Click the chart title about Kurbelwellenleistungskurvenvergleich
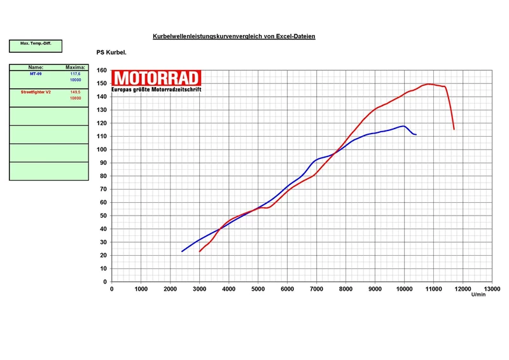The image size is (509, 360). [234, 36]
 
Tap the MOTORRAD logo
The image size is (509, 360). [157, 78]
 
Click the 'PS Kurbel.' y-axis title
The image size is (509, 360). [111, 52]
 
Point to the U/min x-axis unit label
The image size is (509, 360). [478, 294]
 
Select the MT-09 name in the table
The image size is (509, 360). [36, 74]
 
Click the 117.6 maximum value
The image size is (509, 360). [75, 74]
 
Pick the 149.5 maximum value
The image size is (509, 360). [75, 92]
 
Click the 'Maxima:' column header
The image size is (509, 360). [75, 67]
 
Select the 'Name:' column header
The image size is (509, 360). [36, 67]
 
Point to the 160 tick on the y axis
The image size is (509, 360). [102, 71]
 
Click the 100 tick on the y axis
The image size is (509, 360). [102, 149]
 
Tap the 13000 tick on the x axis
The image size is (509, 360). [491, 289]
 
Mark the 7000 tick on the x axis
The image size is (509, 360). [316, 289]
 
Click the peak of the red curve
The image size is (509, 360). [429, 83]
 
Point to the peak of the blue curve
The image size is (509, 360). [403, 126]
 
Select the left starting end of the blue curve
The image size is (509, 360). [182, 251]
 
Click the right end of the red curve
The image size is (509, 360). [454, 129]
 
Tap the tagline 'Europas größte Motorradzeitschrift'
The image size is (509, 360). [157, 90]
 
